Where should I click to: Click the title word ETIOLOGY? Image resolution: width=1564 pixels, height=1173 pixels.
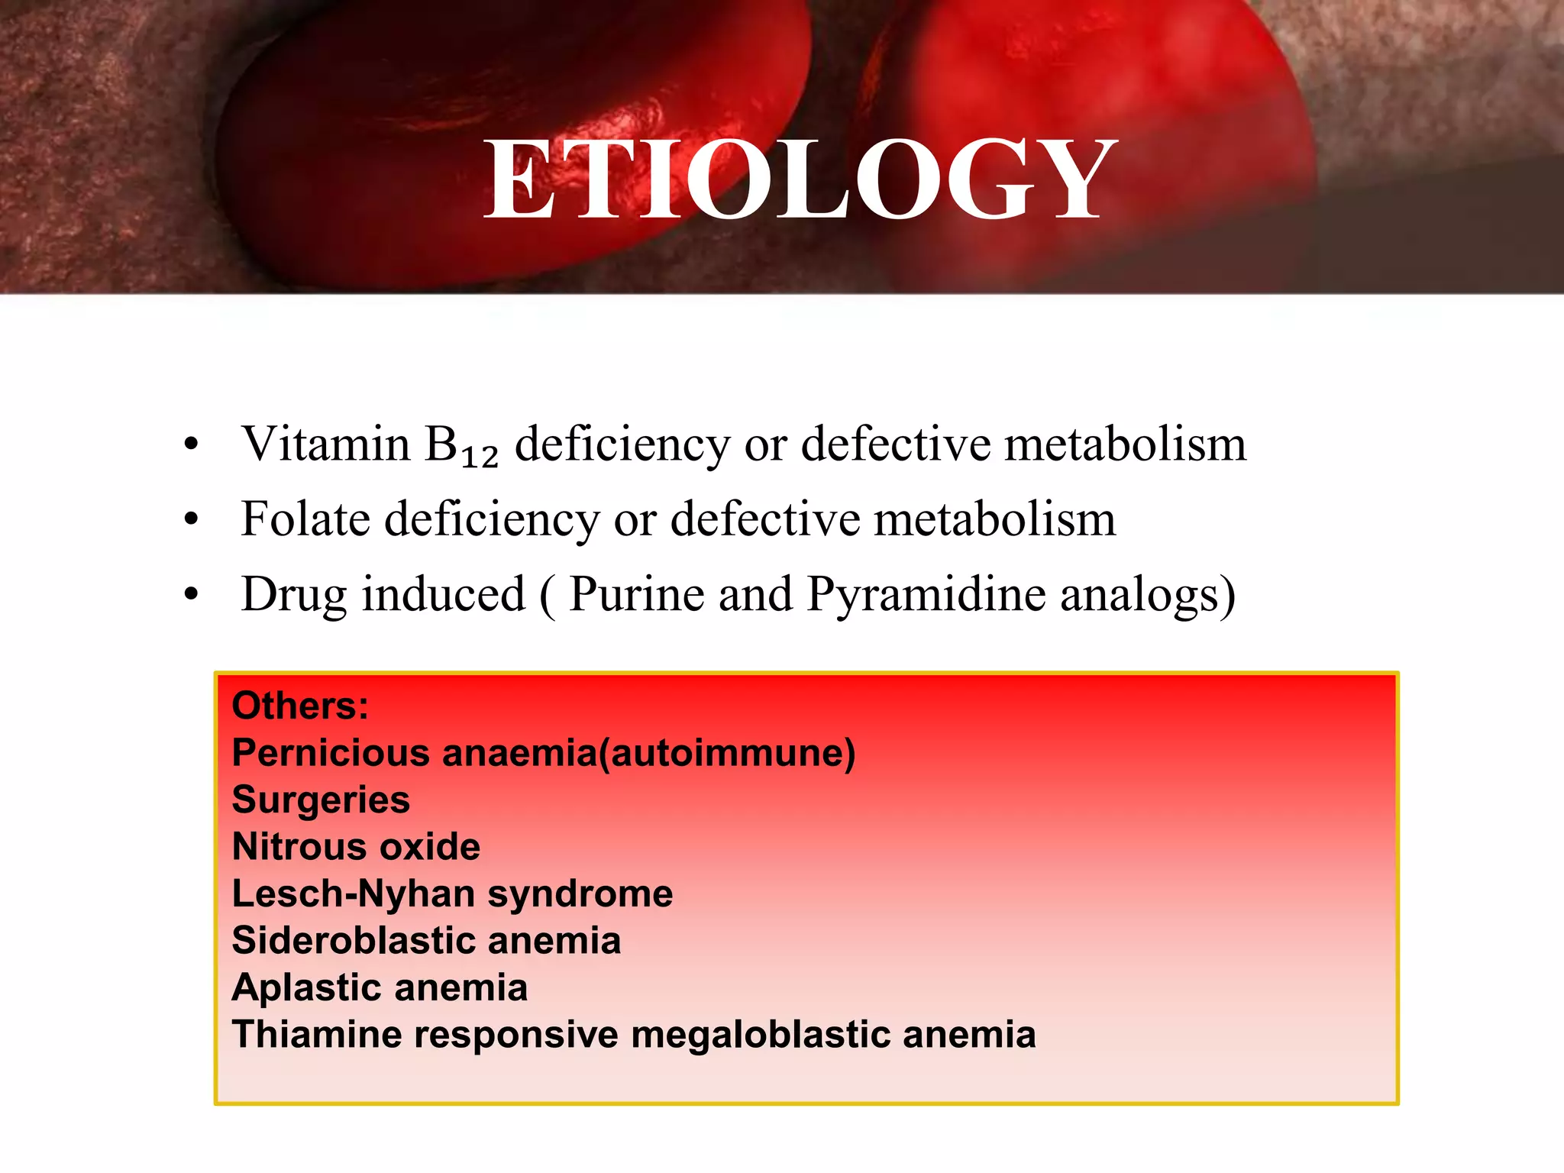pyautogui.click(x=800, y=182)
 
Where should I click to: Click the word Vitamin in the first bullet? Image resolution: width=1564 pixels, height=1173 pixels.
pyautogui.click(x=326, y=444)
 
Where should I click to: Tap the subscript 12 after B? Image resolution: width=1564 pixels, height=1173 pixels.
pyautogui.click(x=480, y=457)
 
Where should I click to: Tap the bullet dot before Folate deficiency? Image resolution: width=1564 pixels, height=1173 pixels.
pyautogui.click(x=191, y=520)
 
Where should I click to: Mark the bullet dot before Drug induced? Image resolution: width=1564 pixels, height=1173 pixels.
pyautogui.click(x=191, y=595)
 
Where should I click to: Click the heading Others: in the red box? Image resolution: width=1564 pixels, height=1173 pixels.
pyautogui.click(x=300, y=706)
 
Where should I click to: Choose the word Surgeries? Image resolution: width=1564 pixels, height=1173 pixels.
pyautogui.click(x=321, y=800)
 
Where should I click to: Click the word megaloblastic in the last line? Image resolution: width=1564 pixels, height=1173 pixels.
pyautogui.click(x=759, y=1036)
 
